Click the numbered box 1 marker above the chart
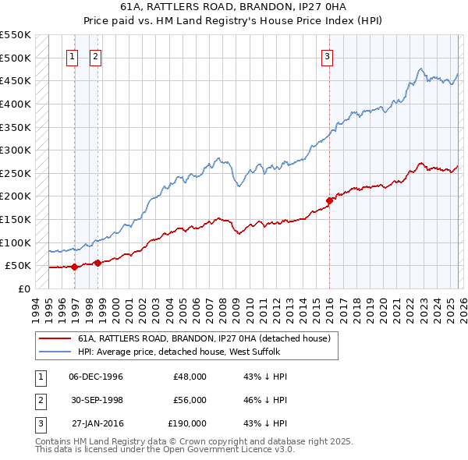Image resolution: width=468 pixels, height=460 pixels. (72, 55)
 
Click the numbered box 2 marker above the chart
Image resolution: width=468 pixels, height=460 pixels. (95, 55)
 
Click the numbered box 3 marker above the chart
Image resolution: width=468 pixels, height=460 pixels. (327, 55)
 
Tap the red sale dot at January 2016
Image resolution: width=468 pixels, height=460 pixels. (329, 200)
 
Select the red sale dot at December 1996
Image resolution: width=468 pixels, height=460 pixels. (74, 267)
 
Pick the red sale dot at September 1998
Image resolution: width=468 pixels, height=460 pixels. (97, 263)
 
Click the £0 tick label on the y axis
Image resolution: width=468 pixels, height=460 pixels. (23, 288)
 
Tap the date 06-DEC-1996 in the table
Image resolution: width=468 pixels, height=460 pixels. (96, 377)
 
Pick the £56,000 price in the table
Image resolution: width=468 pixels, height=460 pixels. (188, 400)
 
